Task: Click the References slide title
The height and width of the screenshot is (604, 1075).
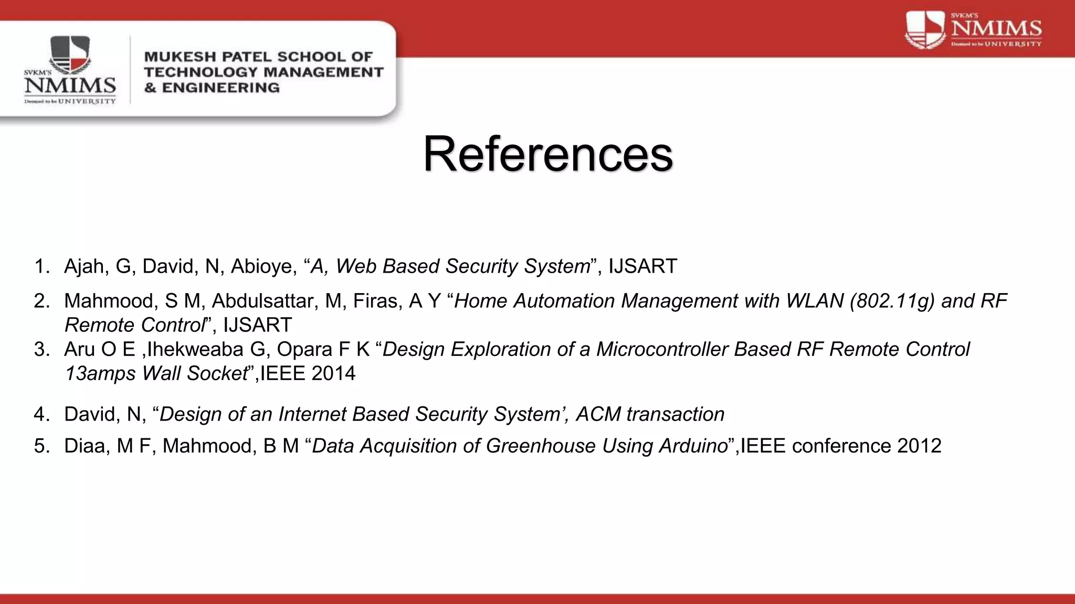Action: [x=547, y=154]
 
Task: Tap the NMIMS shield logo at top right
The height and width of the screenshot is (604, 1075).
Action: [x=925, y=30]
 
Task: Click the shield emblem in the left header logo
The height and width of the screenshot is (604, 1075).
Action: [x=70, y=55]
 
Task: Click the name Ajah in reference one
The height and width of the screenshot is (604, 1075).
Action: [x=84, y=266]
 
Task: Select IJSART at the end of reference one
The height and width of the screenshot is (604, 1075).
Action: [x=643, y=266]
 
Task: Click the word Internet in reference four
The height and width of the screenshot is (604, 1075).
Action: [x=312, y=414]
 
